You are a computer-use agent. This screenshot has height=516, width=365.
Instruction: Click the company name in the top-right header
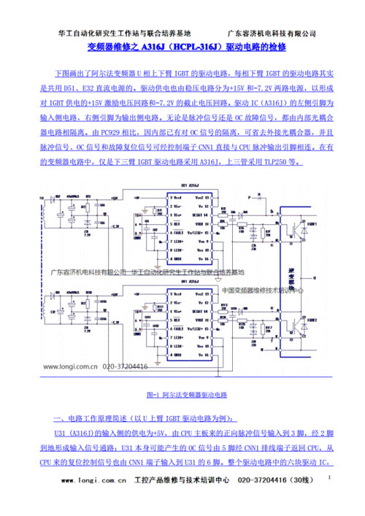click(272, 34)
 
